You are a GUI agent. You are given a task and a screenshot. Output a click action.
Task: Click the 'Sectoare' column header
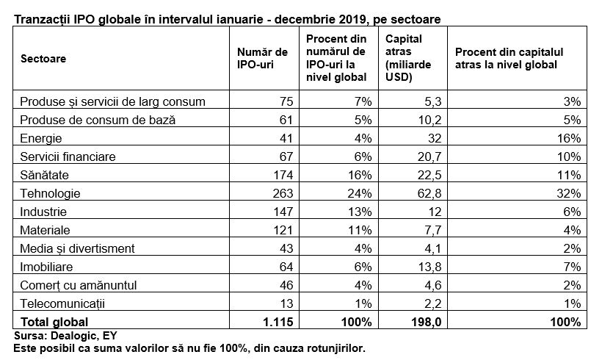pos(43,58)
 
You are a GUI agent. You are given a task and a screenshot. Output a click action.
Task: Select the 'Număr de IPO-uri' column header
pos(262,58)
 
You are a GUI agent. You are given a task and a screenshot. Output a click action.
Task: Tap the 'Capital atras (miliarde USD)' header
pos(408,58)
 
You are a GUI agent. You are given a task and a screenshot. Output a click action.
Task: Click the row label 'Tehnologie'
pos(50,193)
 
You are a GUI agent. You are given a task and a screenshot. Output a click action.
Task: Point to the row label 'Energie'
pos(40,138)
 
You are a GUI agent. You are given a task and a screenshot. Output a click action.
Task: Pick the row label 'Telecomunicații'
pos(62,303)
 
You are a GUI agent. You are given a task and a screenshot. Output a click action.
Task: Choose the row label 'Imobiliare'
pos(46,267)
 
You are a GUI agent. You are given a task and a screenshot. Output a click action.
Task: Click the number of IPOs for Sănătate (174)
pos(283,175)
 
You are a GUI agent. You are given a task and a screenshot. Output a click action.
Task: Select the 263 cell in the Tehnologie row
pos(283,193)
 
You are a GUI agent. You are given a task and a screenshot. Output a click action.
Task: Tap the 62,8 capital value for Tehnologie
pos(429,193)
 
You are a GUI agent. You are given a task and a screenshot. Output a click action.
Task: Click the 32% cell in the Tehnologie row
pos(569,193)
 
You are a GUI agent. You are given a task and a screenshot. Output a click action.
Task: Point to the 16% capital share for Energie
pos(569,138)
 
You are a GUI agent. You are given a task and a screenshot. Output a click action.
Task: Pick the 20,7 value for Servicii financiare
pos(429,156)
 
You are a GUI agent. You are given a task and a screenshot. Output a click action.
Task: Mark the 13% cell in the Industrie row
pos(360,212)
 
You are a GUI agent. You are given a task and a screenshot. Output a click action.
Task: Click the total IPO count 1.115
pos(278,322)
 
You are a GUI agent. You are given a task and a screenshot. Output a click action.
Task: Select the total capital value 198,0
pos(427,322)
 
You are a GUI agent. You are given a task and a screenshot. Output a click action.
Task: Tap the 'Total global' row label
pos(54,322)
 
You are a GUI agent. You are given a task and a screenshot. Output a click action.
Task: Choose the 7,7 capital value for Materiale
pos(433,230)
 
